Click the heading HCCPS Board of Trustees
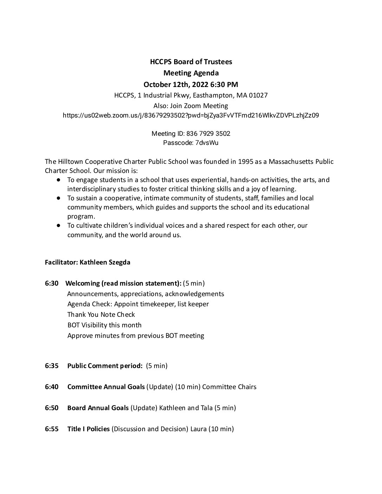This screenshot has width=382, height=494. tap(191, 62)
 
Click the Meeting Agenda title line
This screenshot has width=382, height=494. tap(191, 73)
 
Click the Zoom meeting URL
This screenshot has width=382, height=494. tap(191, 115)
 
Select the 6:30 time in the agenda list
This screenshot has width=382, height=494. tap(52, 283)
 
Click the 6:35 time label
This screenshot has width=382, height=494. tap(52, 366)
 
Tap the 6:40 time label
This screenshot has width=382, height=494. tap(52, 387)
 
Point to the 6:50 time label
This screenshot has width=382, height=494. tap(52, 408)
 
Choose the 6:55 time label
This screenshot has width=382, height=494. tap(52, 429)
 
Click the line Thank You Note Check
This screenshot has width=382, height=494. tap(101, 314)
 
